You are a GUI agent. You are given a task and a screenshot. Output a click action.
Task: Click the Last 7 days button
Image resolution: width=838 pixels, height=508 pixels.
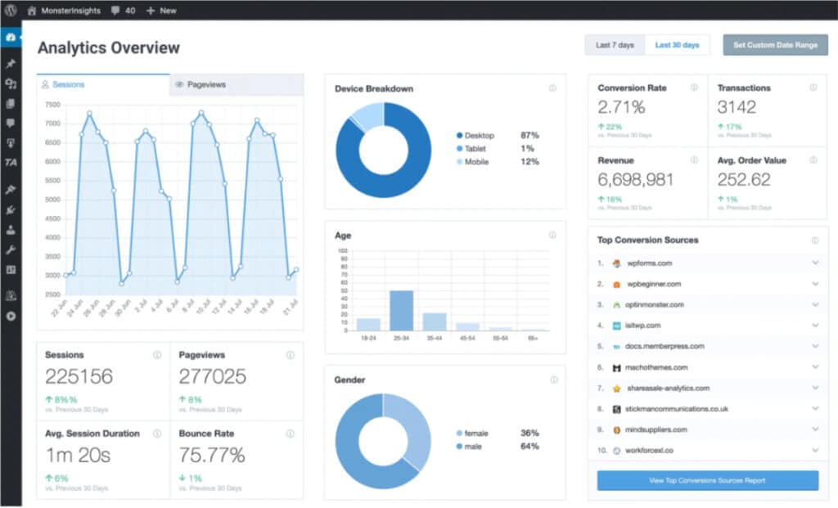coord(615,45)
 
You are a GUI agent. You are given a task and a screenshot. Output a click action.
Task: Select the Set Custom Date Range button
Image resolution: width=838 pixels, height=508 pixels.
coord(775,45)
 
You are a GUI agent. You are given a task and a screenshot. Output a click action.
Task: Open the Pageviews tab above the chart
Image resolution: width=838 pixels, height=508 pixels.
coord(205,84)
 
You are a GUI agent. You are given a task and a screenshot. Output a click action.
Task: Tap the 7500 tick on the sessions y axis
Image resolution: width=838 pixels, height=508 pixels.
coord(52,105)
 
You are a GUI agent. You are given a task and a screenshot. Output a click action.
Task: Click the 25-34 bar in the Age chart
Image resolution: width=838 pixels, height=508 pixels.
coord(401,310)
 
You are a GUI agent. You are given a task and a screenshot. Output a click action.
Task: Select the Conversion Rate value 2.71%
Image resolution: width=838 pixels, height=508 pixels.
coord(621,107)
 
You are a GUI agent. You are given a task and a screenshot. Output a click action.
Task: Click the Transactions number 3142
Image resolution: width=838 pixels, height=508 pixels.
coord(737,107)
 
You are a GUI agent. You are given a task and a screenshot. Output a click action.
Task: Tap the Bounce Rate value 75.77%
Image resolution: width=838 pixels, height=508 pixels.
coord(212,455)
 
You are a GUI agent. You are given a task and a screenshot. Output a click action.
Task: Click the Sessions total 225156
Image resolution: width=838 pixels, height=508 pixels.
coord(79,377)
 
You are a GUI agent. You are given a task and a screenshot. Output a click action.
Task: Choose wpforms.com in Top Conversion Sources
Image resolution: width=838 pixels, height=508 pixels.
coord(649,263)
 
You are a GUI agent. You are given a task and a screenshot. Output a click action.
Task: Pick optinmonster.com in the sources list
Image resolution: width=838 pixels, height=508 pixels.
coord(655,304)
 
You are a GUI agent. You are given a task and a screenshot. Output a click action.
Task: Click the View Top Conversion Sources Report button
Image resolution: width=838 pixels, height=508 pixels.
coord(707,480)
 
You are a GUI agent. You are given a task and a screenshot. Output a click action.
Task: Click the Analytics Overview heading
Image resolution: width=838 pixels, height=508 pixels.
coord(109,47)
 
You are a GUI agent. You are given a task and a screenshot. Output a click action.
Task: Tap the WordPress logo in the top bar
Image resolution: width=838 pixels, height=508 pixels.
coord(10,11)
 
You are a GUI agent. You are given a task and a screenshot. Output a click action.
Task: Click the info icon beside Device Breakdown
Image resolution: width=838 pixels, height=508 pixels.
coord(552,88)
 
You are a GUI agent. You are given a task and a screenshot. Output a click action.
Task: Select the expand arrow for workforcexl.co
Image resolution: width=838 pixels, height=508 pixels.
coord(815,450)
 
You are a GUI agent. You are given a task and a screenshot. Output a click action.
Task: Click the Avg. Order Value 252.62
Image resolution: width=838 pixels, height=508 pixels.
coord(744,180)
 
